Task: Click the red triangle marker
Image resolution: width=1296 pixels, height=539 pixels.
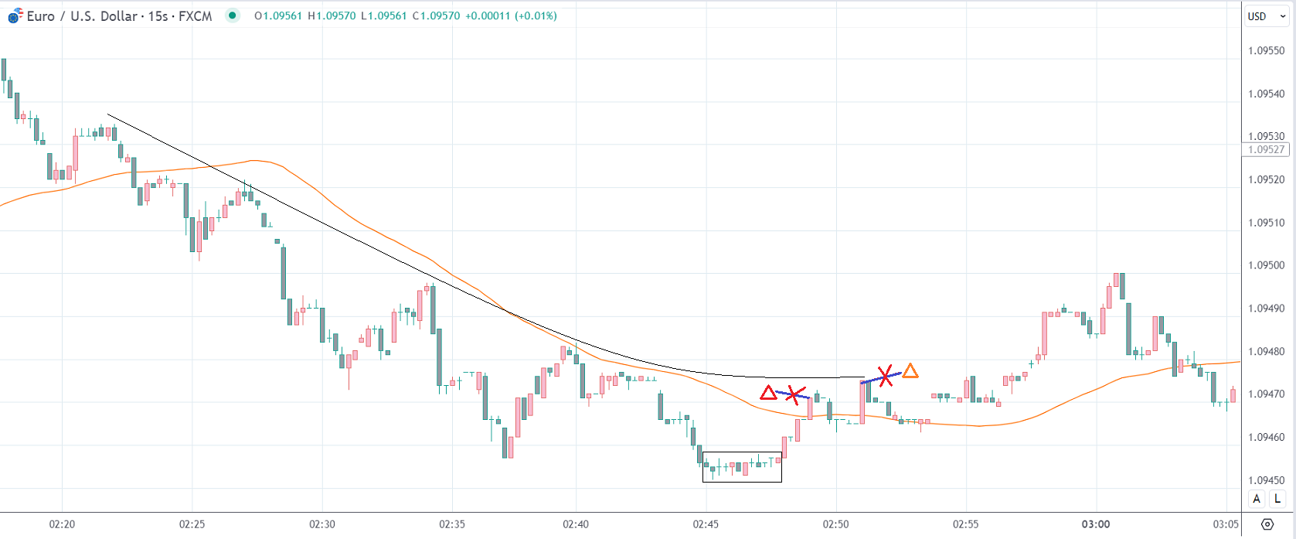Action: point(768,393)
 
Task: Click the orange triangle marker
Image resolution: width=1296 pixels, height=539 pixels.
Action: point(910,371)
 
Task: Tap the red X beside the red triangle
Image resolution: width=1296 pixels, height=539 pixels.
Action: point(793,395)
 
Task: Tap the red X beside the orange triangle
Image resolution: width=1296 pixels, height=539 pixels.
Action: point(885,377)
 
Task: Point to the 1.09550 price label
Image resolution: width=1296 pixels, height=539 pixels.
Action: point(1266,51)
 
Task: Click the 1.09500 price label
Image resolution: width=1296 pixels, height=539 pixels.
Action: point(1266,265)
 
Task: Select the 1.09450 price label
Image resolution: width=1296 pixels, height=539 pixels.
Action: point(1266,480)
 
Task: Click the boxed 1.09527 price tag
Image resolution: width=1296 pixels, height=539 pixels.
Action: point(1266,150)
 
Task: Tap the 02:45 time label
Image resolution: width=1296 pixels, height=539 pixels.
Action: point(706,524)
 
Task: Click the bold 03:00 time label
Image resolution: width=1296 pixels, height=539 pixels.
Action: point(1095,524)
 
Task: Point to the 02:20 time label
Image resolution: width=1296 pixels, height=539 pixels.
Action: point(62,524)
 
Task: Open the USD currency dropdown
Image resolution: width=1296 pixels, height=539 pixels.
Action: point(1265,16)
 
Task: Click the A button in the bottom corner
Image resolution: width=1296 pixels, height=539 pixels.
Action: point(1257,499)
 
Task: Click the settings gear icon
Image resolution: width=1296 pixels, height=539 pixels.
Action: point(1267,524)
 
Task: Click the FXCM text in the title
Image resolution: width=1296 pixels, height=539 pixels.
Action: point(195,16)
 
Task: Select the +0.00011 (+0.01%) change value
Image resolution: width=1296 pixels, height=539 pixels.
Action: point(511,16)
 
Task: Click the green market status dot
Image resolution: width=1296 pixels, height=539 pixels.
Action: point(232,15)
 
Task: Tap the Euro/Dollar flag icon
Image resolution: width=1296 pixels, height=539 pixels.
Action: point(15,15)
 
